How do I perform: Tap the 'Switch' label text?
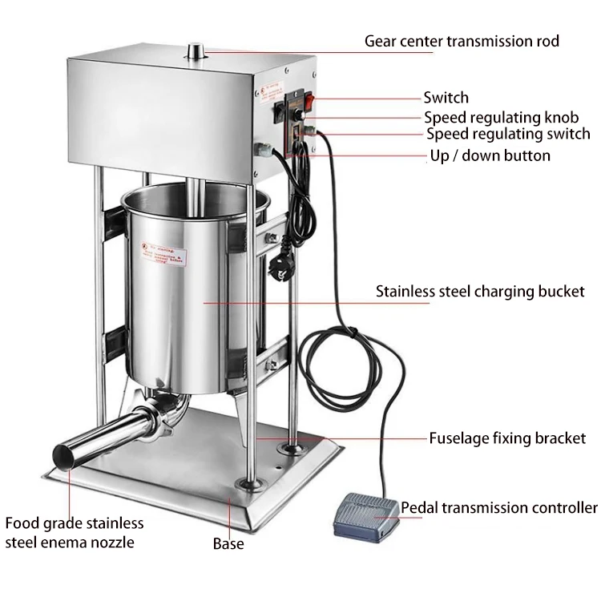pyautogui.click(x=446, y=98)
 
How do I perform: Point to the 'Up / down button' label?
pyautogui.click(x=490, y=155)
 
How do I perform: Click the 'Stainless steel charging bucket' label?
pyautogui.click(x=481, y=292)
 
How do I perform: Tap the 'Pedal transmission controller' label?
pyautogui.click(x=498, y=507)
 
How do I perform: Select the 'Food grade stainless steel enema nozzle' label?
pyautogui.click(x=75, y=533)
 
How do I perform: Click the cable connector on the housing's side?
pyautogui.click(x=262, y=149)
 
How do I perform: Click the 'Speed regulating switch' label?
pyautogui.click(x=507, y=134)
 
